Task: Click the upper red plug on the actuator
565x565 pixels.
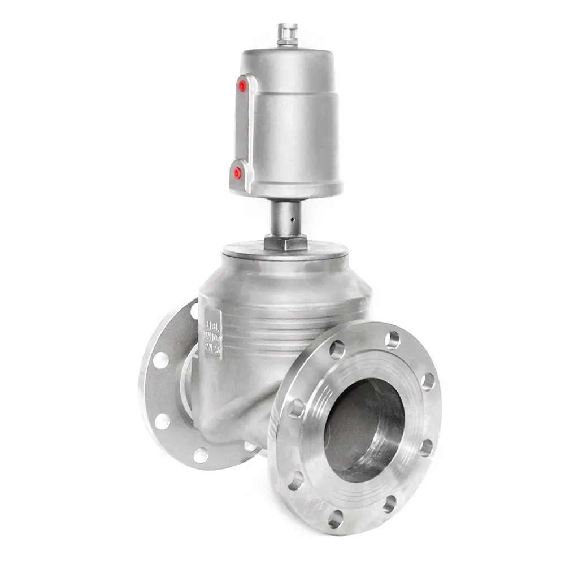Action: [242, 86]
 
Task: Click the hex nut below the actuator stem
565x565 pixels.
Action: [285, 244]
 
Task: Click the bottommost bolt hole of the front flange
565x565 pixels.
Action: [336, 518]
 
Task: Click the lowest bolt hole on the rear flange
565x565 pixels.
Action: [201, 454]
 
